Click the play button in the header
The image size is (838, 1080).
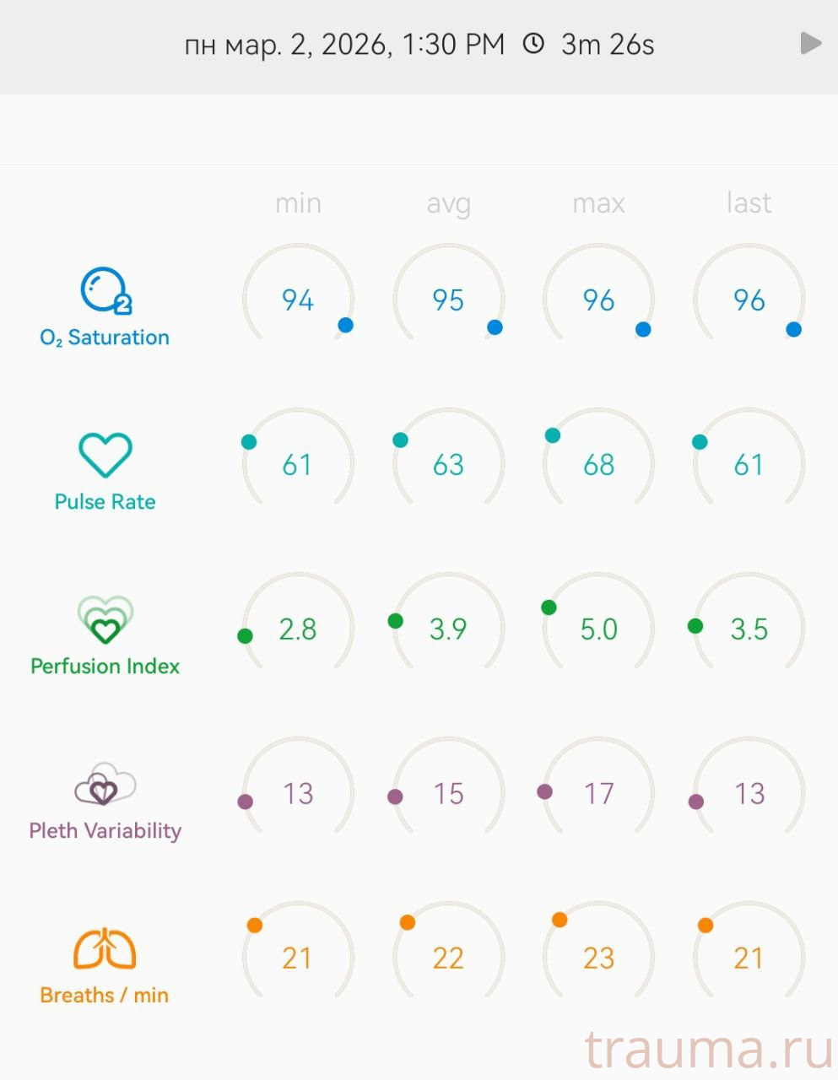[x=810, y=43]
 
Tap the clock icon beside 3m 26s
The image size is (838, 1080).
[x=533, y=44]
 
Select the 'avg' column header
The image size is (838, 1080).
[x=448, y=203]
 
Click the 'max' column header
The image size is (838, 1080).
[x=598, y=203]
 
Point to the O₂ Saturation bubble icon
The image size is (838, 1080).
[x=105, y=291]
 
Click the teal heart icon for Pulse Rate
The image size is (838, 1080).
[x=105, y=455]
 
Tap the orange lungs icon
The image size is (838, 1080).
[x=105, y=948]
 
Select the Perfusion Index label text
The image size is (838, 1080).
[x=105, y=667]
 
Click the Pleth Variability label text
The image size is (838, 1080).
[x=105, y=831]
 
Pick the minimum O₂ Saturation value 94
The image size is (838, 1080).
[x=298, y=300]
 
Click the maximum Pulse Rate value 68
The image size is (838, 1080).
[x=598, y=465]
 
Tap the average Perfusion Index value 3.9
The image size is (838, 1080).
[x=448, y=629]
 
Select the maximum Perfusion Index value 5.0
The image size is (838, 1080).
[x=598, y=629]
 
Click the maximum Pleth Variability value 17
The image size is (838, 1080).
[x=598, y=794]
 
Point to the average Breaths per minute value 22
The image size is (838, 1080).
[x=448, y=958]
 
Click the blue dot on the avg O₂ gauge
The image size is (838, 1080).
[x=495, y=327]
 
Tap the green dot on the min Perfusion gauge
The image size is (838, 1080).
[x=245, y=636]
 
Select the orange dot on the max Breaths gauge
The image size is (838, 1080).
[x=560, y=920]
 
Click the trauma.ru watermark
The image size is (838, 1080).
[x=709, y=1050]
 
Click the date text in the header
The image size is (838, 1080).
[x=344, y=44]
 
